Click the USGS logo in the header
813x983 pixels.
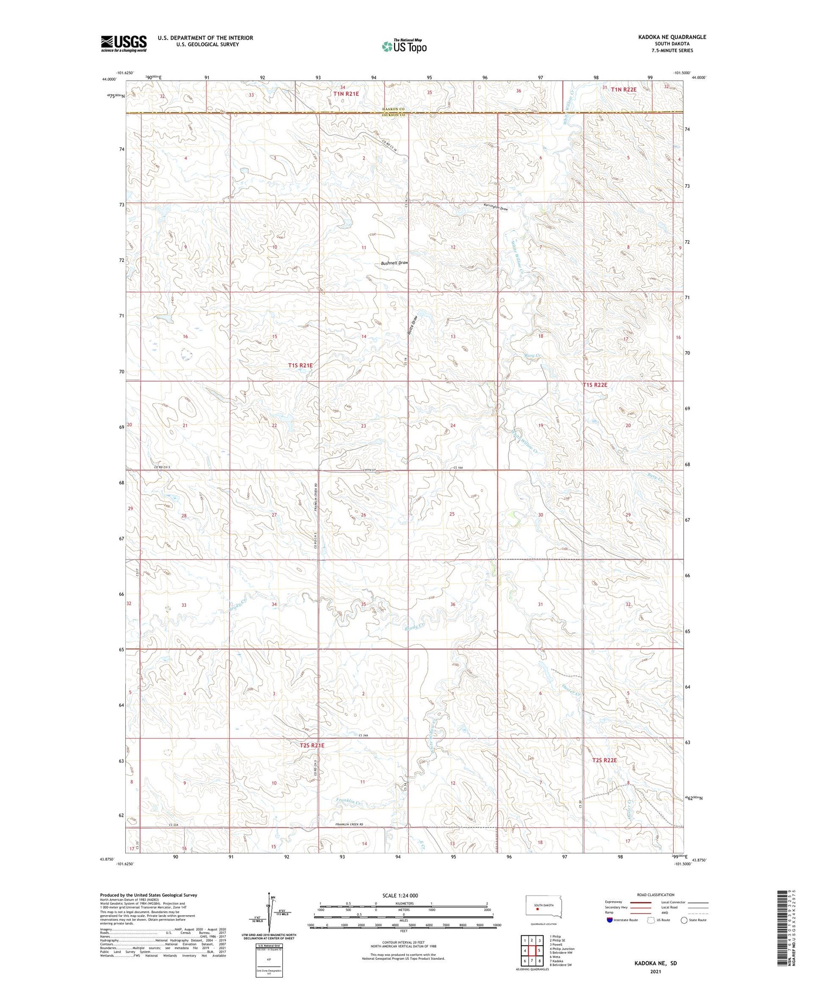[124, 43]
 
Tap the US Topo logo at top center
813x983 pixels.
[404, 47]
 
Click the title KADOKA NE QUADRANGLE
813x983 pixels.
[672, 37]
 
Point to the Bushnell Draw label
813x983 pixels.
[394, 263]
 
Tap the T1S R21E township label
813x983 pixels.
[300, 365]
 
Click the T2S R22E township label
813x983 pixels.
[604, 760]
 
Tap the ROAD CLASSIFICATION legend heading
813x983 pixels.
[656, 895]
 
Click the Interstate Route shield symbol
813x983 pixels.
[609, 920]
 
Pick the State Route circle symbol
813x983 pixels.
[684, 920]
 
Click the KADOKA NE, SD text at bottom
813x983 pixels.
[656, 963]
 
